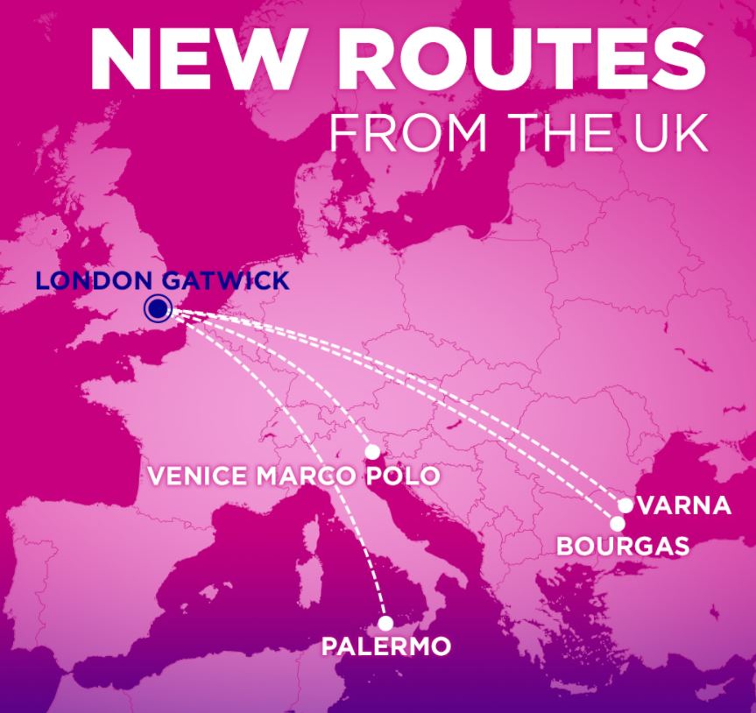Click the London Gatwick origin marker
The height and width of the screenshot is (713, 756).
point(159,307)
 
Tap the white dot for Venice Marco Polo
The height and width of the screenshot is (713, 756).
point(372,452)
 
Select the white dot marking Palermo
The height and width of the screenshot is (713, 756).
point(385,623)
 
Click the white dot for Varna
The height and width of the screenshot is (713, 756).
point(625,505)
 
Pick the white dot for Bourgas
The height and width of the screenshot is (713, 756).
point(618,524)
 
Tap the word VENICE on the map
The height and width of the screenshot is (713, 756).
point(198,477)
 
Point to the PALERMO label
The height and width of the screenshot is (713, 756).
point(385,647)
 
